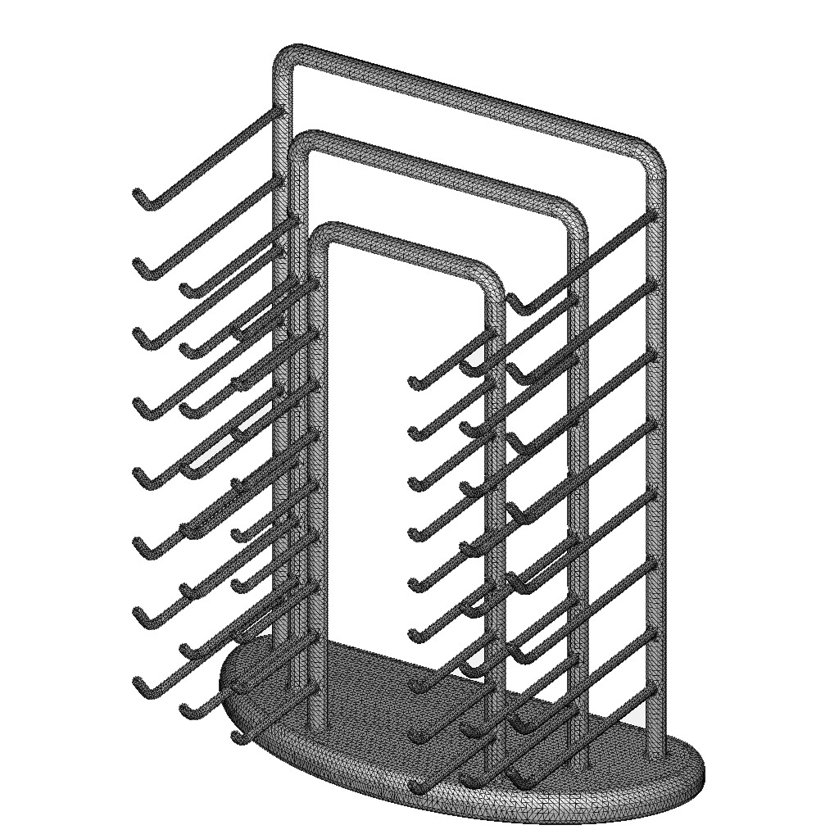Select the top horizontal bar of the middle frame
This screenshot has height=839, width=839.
pos(434,168)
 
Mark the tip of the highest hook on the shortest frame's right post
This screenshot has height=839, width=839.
pos(414,381)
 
